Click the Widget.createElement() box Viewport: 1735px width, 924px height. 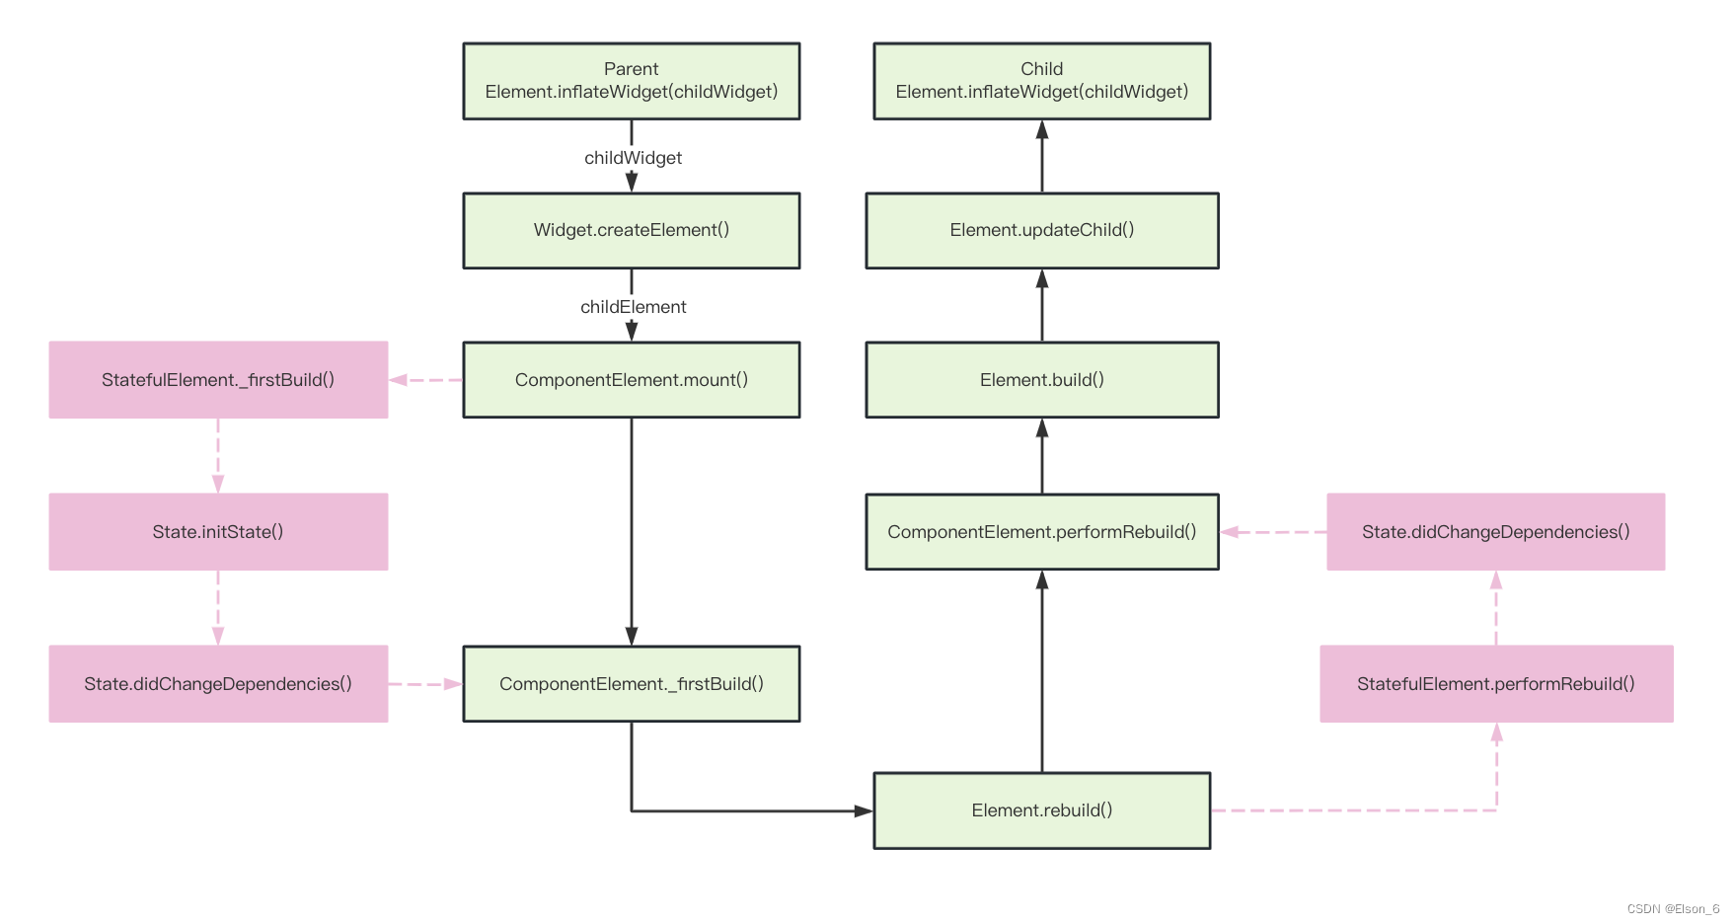[631, 230]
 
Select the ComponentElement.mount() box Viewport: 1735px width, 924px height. [631, 380]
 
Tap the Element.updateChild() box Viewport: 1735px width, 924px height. [1041, 230]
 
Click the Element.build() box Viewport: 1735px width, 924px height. [1041, 380]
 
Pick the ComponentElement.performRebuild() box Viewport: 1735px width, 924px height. [1041, 532]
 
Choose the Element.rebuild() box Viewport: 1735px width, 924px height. [1041, 810]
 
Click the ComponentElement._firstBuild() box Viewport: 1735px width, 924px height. [631, 684]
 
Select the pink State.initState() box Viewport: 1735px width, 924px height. [218, 532]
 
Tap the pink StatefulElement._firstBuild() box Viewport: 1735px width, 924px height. [218, 380]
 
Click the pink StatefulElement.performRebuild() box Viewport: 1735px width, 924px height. [1495, 684]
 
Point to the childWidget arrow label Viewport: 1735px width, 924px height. [633, 158]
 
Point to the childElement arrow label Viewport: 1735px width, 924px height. [633, 307]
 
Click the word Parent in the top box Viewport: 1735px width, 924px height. [631, 69]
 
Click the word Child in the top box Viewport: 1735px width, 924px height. [1041, 69]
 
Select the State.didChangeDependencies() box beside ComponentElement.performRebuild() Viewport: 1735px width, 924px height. [1495, 532]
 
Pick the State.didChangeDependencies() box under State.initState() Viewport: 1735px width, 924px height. [218, 684]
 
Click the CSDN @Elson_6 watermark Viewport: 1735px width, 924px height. [1673, 909]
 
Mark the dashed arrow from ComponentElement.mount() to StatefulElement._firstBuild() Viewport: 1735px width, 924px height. [425, 380]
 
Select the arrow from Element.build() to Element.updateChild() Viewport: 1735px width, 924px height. [1042, 305]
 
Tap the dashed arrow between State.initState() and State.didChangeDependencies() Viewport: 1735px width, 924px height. [218, 607]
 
